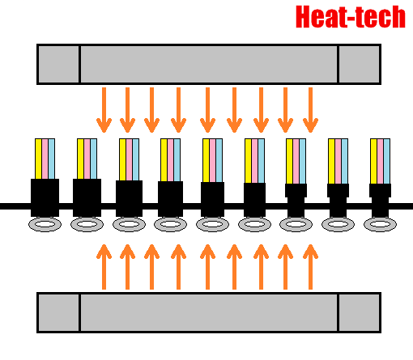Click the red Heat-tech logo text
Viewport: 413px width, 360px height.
351,17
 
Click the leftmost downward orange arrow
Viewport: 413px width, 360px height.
104,110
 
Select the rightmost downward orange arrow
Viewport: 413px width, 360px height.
310,110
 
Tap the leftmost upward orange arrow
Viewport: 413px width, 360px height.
104,267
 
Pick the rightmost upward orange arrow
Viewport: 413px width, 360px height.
310,267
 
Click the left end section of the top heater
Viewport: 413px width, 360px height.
59,64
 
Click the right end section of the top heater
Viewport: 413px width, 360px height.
360,64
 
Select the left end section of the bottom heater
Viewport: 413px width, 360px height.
59,312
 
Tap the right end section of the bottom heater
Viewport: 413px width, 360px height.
360,312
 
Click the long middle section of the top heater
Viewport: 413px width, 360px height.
209,64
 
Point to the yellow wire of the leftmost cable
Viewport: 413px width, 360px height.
38,159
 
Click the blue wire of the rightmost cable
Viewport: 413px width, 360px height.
387,161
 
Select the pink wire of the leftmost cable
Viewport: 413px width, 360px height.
45,159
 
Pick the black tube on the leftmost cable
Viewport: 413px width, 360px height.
45,197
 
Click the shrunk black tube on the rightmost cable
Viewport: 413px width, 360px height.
380,201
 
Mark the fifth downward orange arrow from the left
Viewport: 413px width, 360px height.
207,110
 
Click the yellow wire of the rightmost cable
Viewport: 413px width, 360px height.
373,161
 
